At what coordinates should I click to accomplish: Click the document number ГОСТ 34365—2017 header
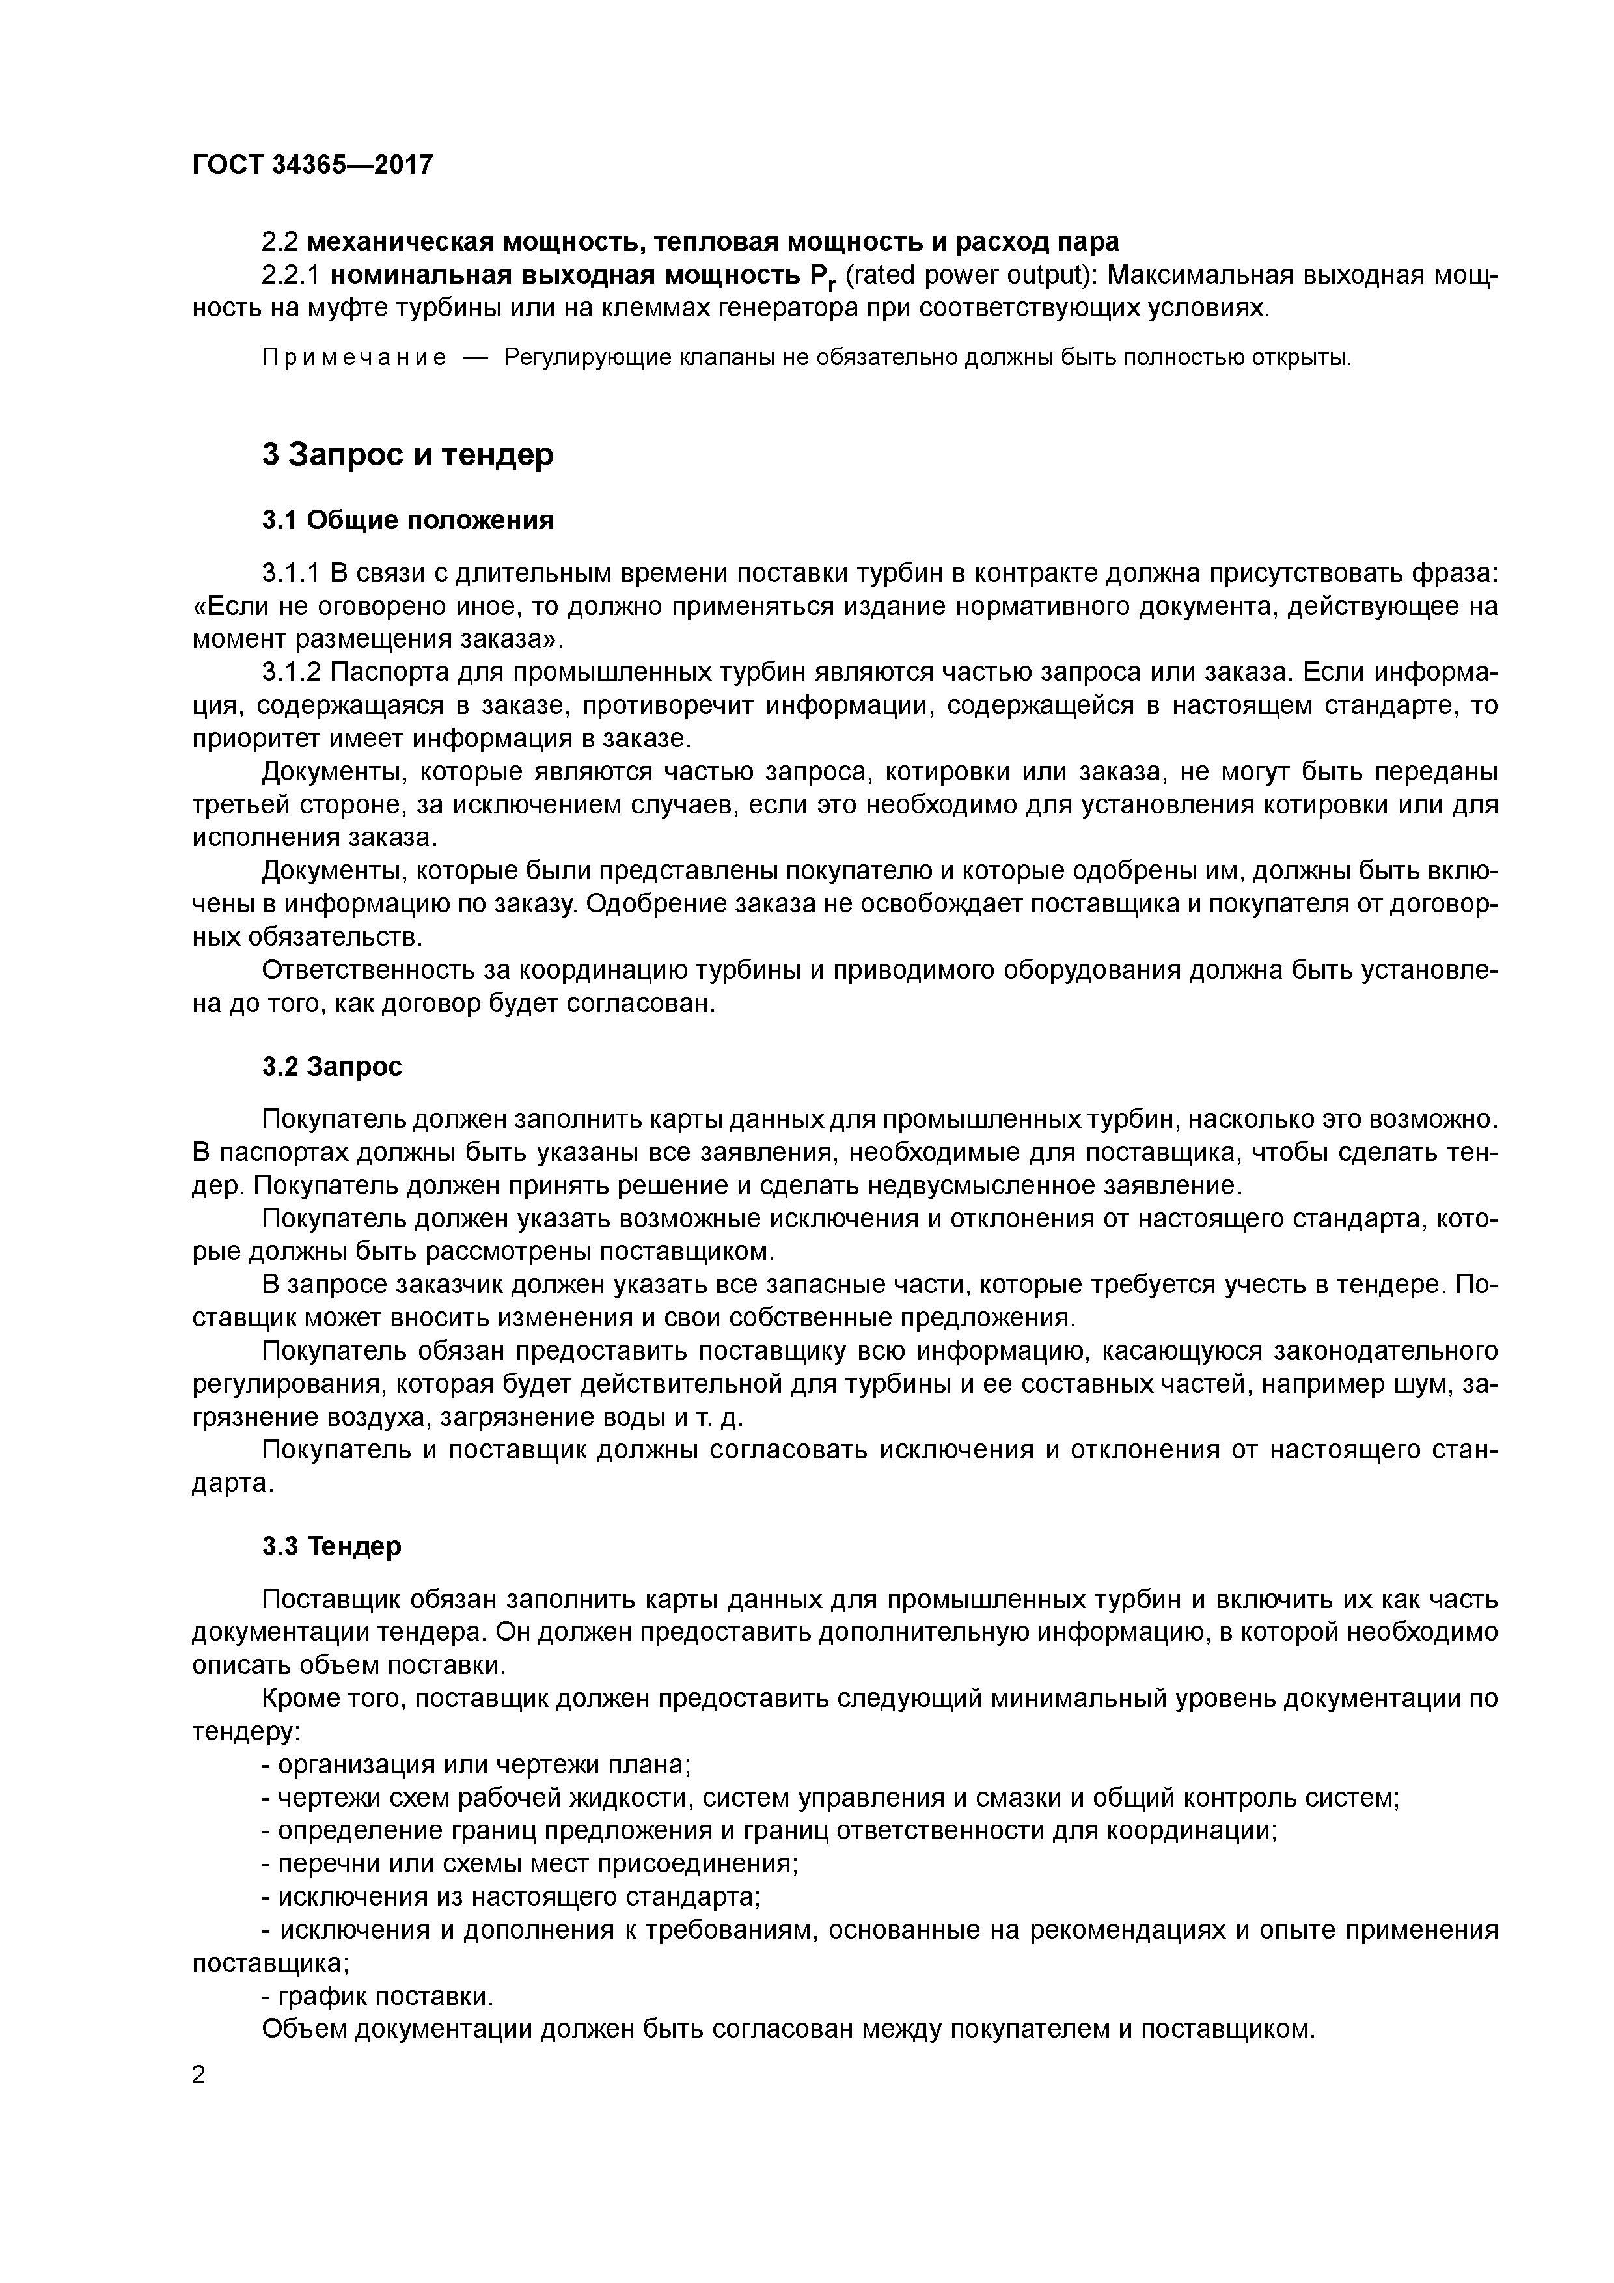point(312,164)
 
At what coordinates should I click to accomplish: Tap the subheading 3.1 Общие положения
point(407,520)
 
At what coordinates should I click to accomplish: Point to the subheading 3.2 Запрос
point(332,1067)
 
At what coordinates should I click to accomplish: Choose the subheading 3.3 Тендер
point(332,1547)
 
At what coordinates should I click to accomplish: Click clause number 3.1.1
point(292,574)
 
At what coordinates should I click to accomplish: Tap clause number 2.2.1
point(292,275)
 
